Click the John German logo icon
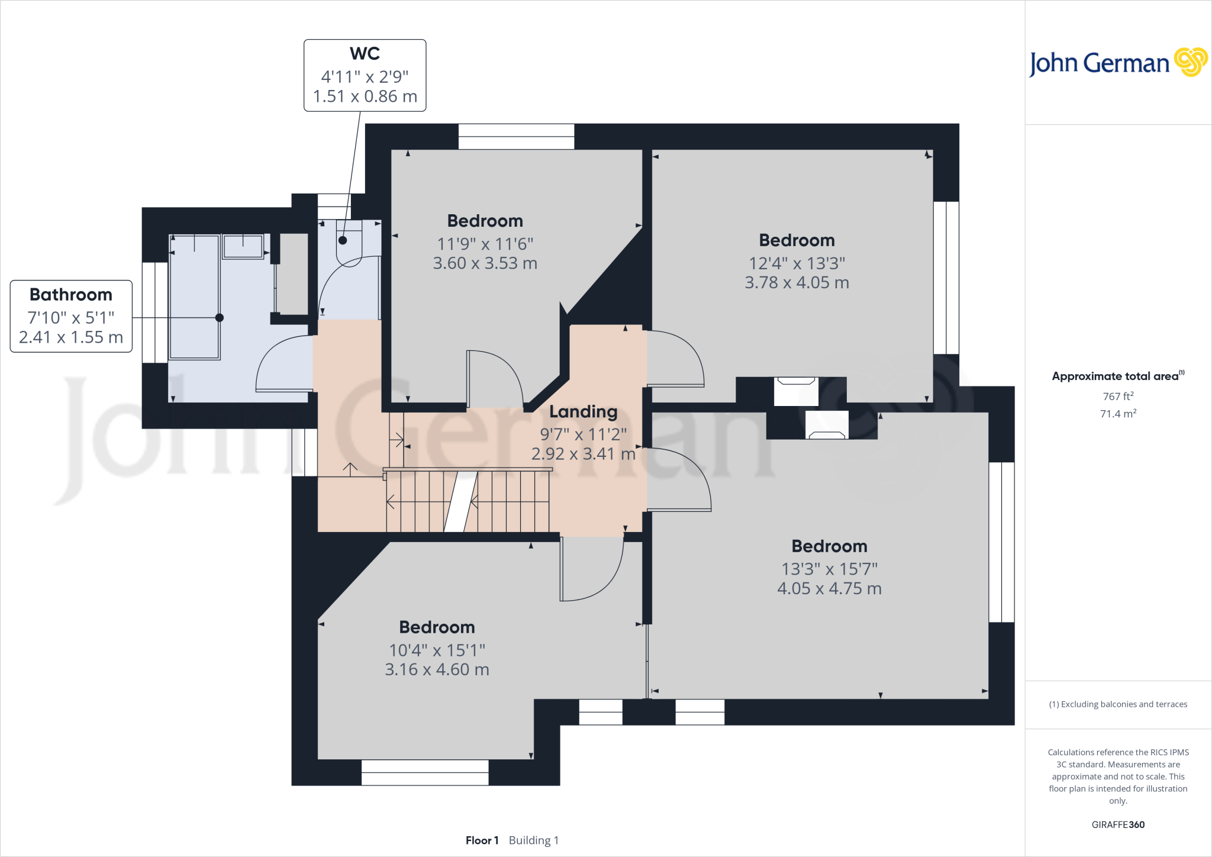coord(1190,62)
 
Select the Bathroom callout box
coord(71,316)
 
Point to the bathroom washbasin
coord(243,246)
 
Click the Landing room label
coord(583,411)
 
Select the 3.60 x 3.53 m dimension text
coord(485,263)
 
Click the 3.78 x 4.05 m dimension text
coord(797,283)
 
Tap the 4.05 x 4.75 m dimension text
coord(829,589)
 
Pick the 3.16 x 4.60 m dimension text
coord(437,670)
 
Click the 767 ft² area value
coord(1118,397)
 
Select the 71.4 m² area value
coord(1118,414)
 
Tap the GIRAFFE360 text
coord(1118,824)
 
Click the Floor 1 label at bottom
coord(482,840)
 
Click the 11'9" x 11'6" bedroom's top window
coord(516,137)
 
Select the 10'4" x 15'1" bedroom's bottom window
coord(425,772)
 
